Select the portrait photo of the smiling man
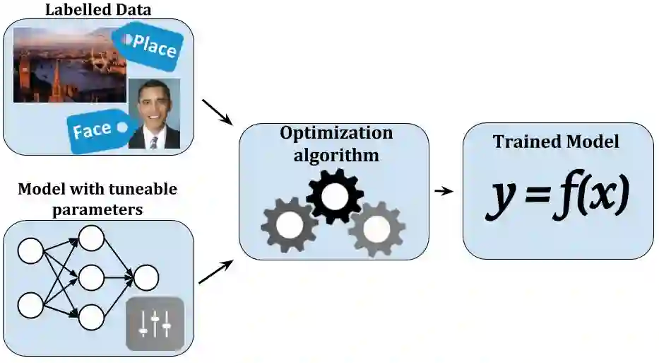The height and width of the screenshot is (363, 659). [154, 113]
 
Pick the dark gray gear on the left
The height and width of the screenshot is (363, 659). [290, 225]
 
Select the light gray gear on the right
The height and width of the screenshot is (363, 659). [376, 228]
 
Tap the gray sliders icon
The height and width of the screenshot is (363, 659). [155, 324]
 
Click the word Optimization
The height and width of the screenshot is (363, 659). [336, 132]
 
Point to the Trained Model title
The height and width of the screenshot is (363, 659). [557, 142]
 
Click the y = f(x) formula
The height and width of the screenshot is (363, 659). [557, 195]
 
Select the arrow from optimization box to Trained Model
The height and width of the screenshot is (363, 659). [444, 191]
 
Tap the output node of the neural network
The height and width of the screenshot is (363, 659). [146, 277]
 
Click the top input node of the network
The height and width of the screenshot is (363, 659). [31, 250]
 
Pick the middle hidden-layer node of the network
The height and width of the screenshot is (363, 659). [92, 277]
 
